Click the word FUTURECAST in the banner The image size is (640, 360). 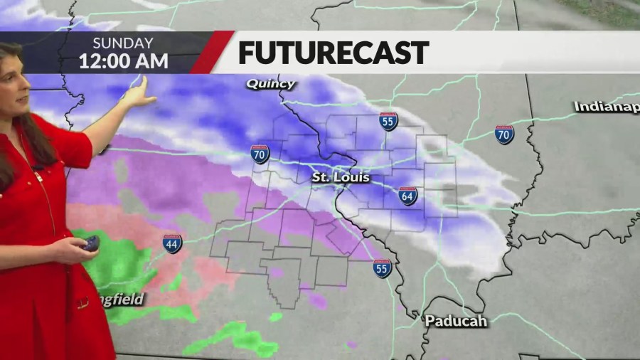333,53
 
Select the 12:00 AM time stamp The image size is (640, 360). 123,60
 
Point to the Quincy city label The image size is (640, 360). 270,84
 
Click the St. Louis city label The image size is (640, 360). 341,177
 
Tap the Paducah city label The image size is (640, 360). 456,321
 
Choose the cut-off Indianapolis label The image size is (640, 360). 607,106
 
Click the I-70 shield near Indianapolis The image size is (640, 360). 504,134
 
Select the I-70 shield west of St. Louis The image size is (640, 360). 260,153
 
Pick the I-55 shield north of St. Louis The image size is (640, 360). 388,121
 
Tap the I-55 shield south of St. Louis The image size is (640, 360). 382,268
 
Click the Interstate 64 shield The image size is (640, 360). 407,196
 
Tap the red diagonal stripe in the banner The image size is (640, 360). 213,52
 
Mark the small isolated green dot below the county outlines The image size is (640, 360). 275,317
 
